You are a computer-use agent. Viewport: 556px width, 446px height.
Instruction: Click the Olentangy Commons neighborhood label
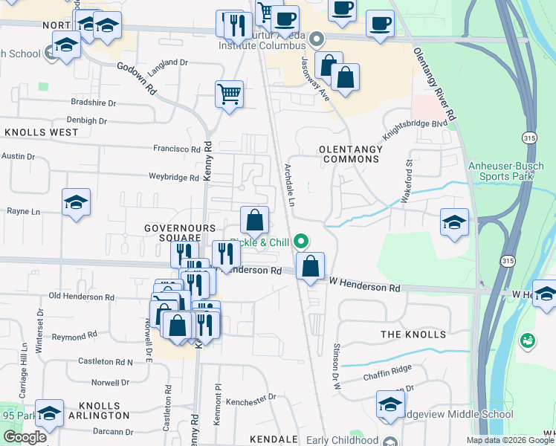pyautogui.click(x=350, y=155)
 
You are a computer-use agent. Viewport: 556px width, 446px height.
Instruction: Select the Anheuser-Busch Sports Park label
pyautogui.click(x=511, y=171)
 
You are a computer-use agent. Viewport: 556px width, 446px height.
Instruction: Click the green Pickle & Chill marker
pyautogui.click(x=301, y=241)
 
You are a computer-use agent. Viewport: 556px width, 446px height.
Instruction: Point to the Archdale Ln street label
pyautogui.click(x=291, y=185)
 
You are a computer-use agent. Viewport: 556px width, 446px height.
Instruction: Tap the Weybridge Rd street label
pyautogui.click(x=174, y=178)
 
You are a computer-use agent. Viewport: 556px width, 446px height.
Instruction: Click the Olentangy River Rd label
pyautogui.click(x=434, y=82)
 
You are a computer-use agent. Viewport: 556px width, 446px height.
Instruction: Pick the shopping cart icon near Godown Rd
pyautogui.click(x=230, y=94)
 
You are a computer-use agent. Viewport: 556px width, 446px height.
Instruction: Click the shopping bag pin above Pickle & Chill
pyautogui.click(x=254, y=220)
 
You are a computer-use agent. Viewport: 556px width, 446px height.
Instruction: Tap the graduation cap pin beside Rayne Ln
pyautogui.click(x=76, y=203)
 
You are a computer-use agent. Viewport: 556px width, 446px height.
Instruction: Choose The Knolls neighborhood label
pyautogui.click(x=413, y=334)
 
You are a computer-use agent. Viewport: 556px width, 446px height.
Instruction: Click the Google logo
pyautogui.click(x=25, y=437)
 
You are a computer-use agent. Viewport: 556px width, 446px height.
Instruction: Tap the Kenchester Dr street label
pyautogui.click(x=250, y=398)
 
